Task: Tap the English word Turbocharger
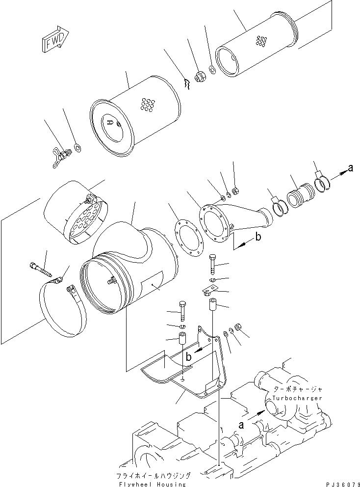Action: click(x=299, y=398)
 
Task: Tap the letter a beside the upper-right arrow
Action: click(x=350, y=168)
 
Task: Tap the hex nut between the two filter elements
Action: click(x=200, y=78)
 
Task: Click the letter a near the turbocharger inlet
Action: click(x=240, y=425)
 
